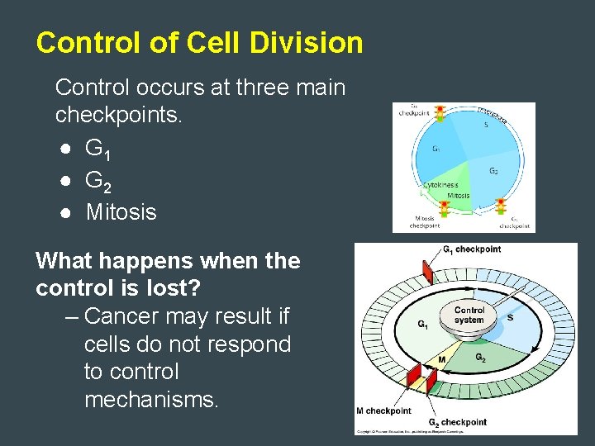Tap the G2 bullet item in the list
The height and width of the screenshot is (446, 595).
pyautogui.click(x=95, y=181)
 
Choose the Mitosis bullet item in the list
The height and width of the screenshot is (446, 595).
pyautogui.click(x=121, y=212)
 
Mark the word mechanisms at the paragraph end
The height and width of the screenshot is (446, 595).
pyautogui.click(x=151, y=401)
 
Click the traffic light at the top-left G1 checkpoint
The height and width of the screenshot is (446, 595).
pyautogui.click(x=440, y=113)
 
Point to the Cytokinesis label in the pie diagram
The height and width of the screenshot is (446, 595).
pyautogui.click(x=442, y=185)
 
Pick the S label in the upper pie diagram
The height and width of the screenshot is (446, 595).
pyautogui.click(x=485, y=126)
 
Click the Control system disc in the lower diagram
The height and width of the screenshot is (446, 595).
pyautogui.click(x=469, y=315)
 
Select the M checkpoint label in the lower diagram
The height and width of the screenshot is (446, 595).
pyautogui.click(x=383, y=410)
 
